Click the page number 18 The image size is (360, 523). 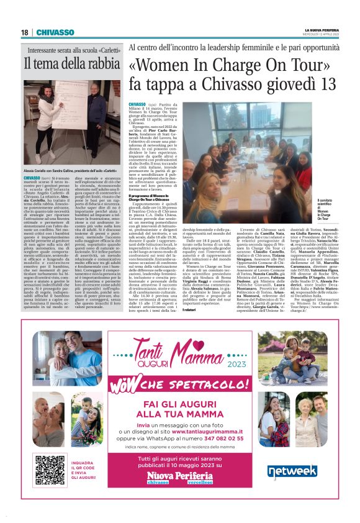click(24, 32)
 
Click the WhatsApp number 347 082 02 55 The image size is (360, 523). click(233, 437)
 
